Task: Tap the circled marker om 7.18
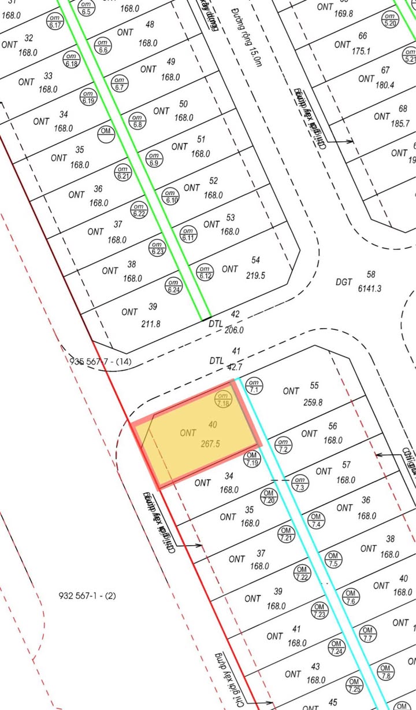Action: click(x=223, y=399)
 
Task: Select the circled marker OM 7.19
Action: click(x=252, y=460)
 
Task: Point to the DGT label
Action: click(x=344, y=282)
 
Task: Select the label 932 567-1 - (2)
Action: click(x=88, y=595)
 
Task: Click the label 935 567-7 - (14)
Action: click(x=101, y=362)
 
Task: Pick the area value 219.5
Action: click(x=255, y=276)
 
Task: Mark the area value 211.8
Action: click(x=151, y=324)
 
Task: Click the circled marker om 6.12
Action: click(x=204, y=271)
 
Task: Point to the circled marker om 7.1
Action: click(x=254, y=386)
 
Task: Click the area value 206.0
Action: click(x=234, y=330)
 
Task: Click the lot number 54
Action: click(x=257, y=260)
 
